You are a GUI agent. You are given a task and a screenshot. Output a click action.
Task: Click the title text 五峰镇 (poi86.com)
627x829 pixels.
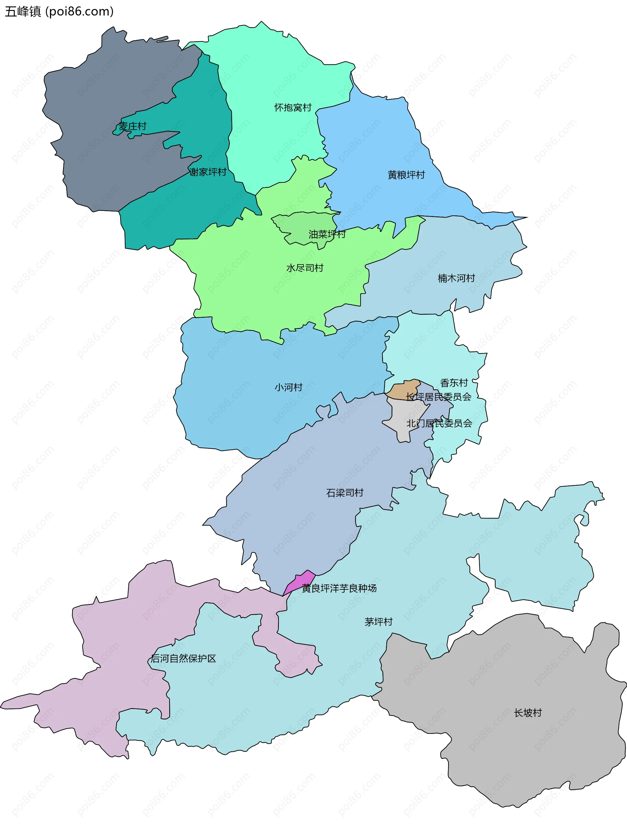click(59, 12)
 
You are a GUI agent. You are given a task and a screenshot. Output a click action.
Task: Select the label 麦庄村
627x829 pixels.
click(132, 126)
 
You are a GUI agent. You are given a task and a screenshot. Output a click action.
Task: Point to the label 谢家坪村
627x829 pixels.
click(208, 172)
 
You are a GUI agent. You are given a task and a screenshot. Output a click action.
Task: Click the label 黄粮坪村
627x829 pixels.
click(406, 175)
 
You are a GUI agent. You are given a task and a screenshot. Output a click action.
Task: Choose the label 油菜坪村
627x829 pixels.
click(327, 234)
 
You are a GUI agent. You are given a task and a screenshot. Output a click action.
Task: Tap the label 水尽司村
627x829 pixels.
click(305, 268)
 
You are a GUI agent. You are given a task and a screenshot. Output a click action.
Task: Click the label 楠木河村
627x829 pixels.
click(456, 278)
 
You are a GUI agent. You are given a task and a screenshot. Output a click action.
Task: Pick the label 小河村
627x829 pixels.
click(288, 387)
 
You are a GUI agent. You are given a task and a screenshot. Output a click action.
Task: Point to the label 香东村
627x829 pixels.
click(454, 383)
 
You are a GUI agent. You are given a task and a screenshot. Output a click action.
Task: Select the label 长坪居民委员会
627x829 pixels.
click(438, 397)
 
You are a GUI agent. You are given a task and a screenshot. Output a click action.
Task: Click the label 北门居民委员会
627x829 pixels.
click(439, 423)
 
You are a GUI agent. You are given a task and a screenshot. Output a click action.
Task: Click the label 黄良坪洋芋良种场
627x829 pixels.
click(339, 588)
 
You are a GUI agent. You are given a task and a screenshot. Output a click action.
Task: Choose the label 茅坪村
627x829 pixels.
click(378, 622)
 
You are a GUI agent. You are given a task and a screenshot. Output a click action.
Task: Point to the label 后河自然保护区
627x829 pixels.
click(183, 658)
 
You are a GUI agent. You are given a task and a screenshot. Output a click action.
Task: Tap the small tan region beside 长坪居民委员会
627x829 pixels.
click(404, 390)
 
